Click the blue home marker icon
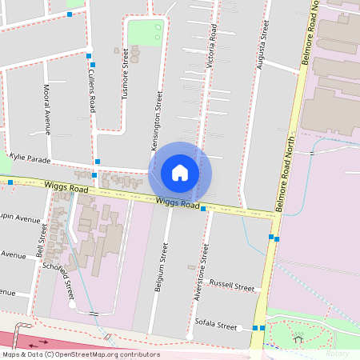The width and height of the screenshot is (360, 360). pos(180,172)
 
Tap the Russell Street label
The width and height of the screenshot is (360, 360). pos(231,286)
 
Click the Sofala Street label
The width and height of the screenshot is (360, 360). pos(216,326)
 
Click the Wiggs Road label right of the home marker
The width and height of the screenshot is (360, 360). pos(178,203)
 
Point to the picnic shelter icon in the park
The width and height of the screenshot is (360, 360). pos(298,339)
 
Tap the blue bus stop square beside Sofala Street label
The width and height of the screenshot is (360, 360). pos(254,328)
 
